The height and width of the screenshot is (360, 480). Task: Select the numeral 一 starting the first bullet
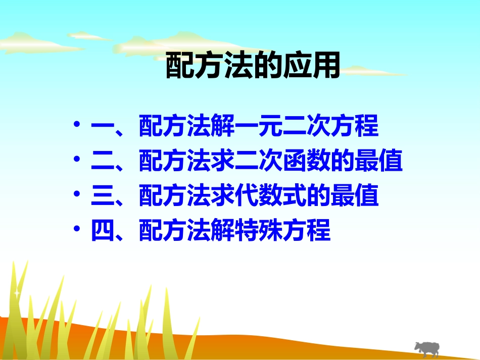[x=103, y=128]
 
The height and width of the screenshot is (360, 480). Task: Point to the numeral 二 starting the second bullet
[x=103, y=163]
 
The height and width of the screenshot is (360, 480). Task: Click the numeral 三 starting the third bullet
[x=103, y=197]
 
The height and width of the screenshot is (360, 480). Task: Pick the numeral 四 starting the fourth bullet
[x=103, y=231]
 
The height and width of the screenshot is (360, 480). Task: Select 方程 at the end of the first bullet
[x=355, y=128]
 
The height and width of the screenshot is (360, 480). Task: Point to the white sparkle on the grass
[x=17, y=292]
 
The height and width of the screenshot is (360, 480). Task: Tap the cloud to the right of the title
[x=374, y=71]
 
